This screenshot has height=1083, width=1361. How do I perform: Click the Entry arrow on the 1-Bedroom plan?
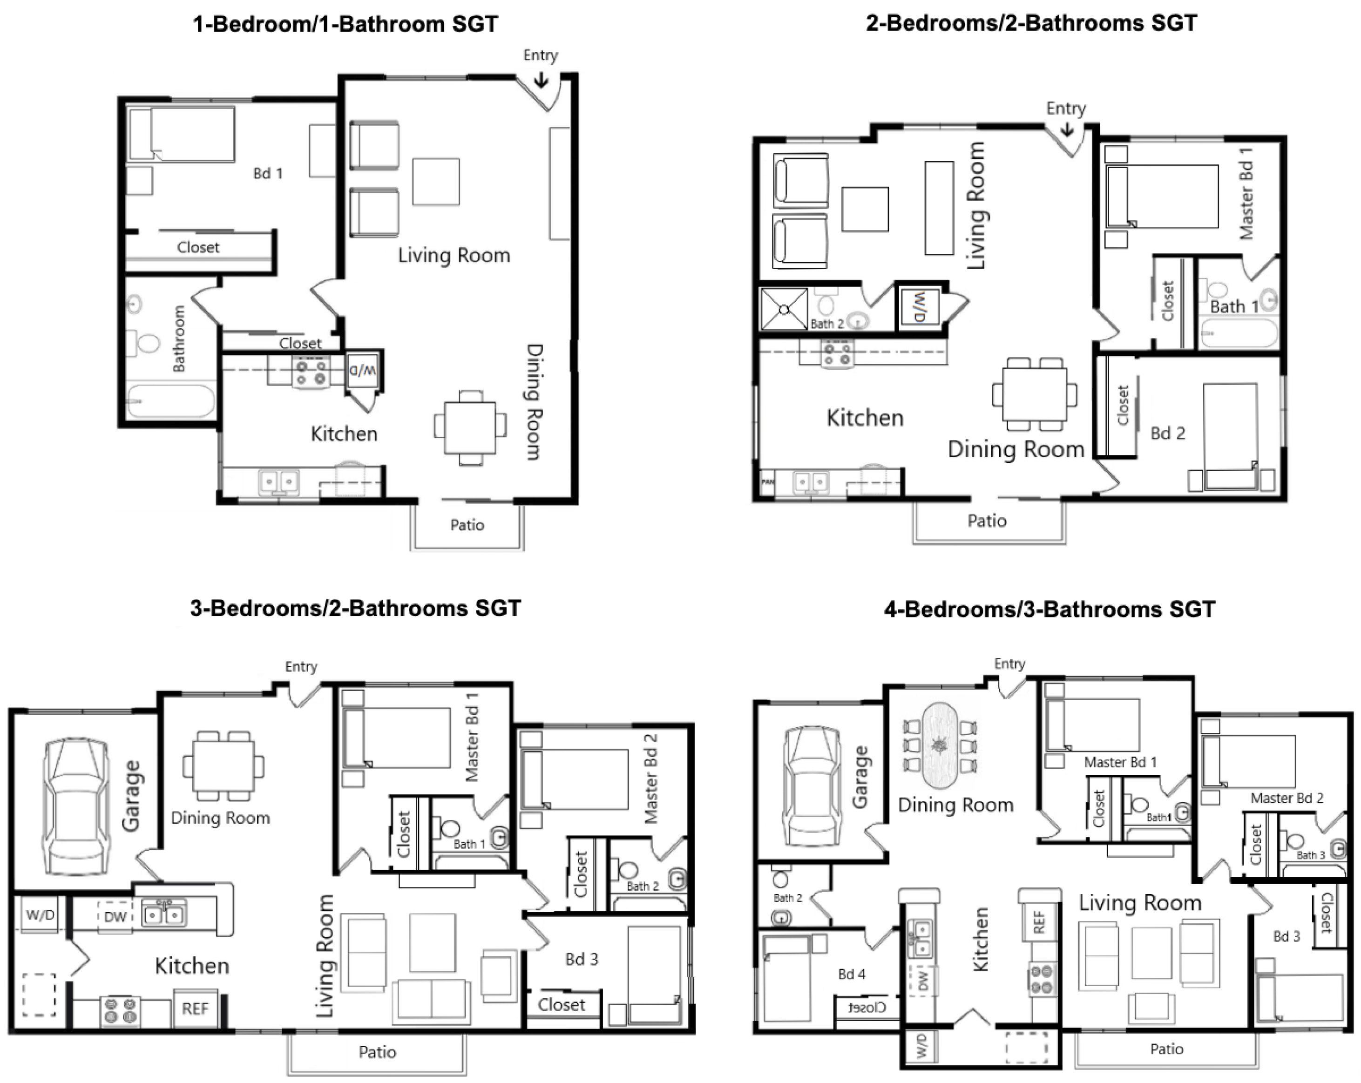tap(541, 80)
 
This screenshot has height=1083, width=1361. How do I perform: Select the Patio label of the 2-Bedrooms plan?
tap(987, 521)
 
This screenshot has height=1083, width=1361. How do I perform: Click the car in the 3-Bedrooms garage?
tap(76, 806)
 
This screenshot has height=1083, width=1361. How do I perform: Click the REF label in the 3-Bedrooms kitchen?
tap(195, 1009)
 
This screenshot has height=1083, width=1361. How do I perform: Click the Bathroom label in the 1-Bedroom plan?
tap(179, 338)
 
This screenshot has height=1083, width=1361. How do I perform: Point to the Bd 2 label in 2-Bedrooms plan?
tap(1168, 433)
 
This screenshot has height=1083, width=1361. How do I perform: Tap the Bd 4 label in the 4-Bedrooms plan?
tap(852, 974)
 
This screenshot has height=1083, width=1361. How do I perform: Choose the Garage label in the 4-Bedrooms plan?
tap(860, 777)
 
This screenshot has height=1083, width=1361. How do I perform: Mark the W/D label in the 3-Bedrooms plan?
tap(40, 914)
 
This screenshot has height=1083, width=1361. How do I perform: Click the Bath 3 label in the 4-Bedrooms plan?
tap(1311, 855)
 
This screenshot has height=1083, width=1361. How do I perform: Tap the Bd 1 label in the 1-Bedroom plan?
tap(268, 173)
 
